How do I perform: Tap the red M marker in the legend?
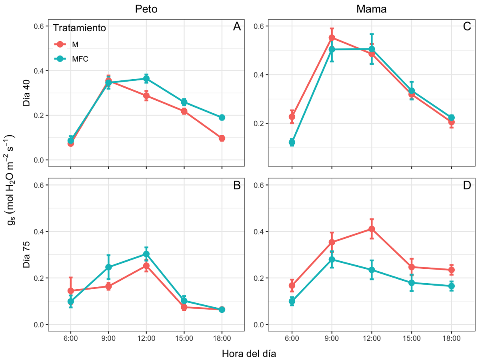click(60, 44)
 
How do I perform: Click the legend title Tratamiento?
click(80, 28)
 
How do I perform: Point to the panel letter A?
click(237, 27)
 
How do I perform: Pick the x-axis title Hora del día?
click(249, 354)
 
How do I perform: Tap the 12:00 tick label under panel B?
click(146, 338)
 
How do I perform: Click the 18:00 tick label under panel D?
click(451, 338)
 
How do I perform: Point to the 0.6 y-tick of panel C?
click(259, 26)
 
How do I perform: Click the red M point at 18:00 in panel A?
click(222, 138)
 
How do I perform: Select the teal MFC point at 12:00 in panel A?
click(146, 79)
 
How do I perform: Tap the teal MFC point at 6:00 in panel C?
click(292, 142)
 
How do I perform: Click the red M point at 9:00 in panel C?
click(332, 38)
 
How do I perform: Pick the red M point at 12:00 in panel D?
click(372, 229)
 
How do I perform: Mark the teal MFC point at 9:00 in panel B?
click(108, 267)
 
